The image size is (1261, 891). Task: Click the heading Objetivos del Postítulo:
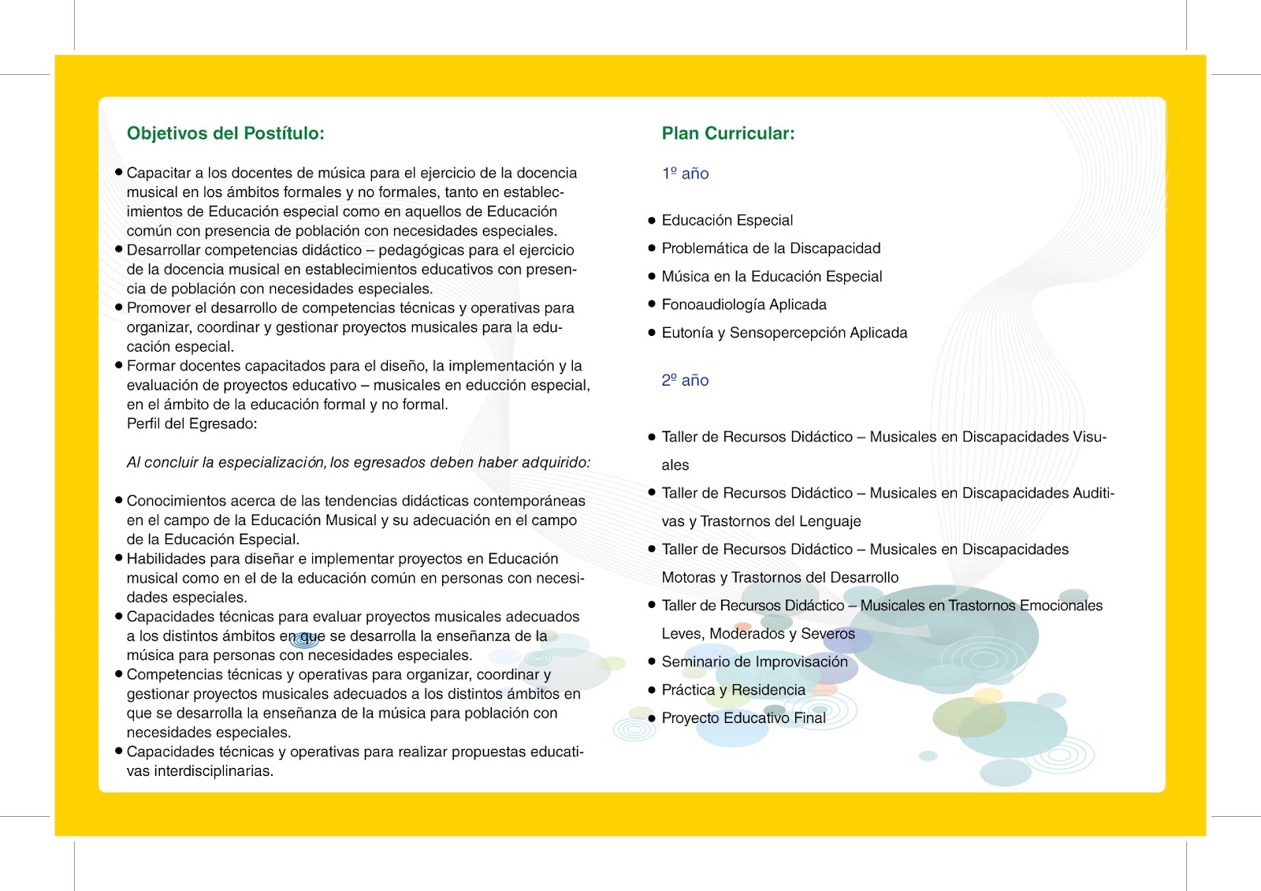tap(225, 133)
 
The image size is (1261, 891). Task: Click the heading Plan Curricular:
tap(727, 133)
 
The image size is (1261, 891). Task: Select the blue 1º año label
tap(685, 173)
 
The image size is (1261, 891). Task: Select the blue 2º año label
tap(685, 380)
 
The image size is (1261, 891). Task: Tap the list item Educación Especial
tap(727, 220)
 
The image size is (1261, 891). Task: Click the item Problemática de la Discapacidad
tap(771, 248)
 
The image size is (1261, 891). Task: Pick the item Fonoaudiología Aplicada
tap(744, 304)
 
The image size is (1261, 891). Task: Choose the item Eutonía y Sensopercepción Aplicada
tap(784, 333)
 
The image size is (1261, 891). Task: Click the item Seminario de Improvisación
tap(754, 662)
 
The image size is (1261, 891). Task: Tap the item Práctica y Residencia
tap(733, 690)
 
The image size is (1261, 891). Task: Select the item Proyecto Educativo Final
tap(743, 718)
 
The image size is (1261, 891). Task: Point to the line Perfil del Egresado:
tap(192, 423)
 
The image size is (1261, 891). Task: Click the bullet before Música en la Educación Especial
tap(652, 276)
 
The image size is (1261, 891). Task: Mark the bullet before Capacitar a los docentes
tap(119, 172)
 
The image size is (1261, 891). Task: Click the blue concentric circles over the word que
tap(305, 639)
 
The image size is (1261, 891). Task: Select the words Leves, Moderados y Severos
tap(757, 633)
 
